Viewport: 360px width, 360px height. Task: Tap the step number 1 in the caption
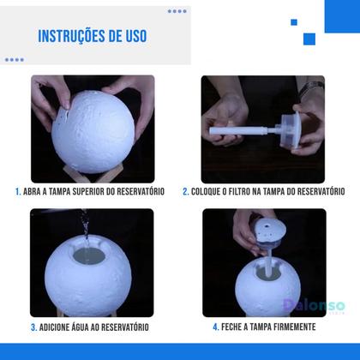pos(17,192)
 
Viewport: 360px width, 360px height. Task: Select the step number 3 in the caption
pos(34,327)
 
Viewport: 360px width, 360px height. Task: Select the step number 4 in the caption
pos(215,327)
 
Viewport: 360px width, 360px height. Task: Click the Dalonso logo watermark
pos(312,306)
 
